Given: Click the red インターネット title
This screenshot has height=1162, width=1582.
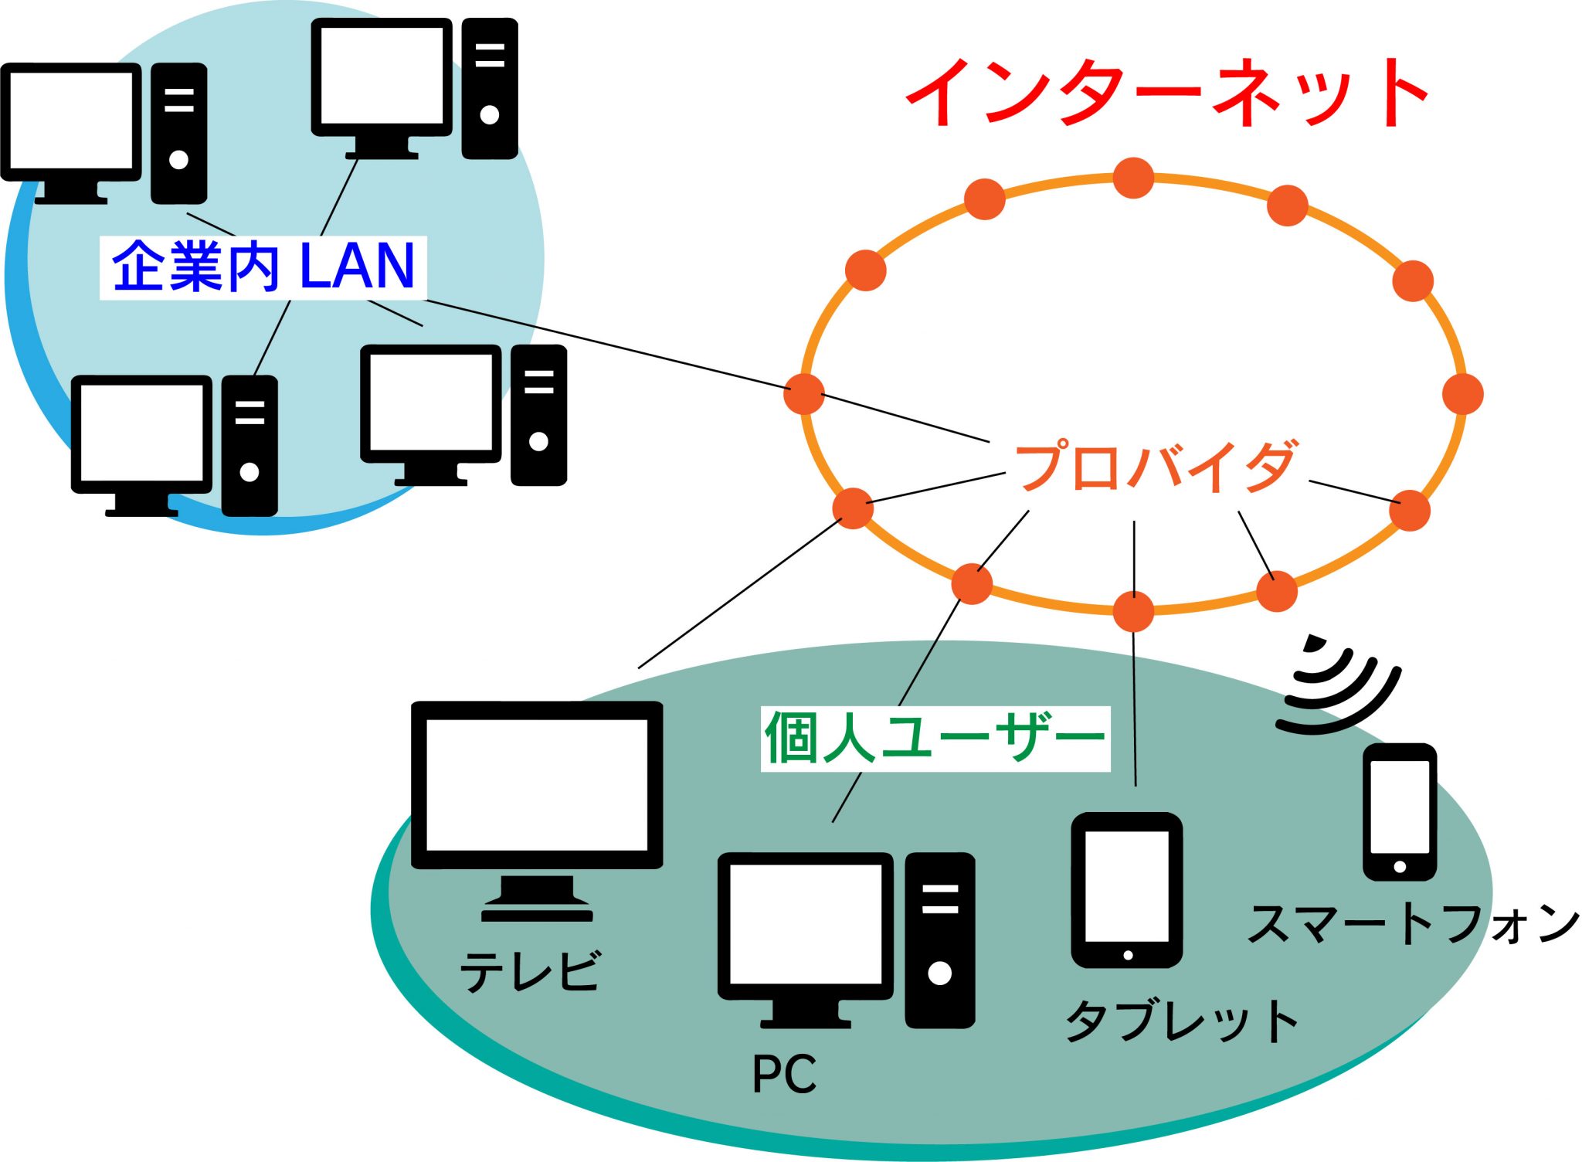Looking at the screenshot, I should [x=1166, y=93].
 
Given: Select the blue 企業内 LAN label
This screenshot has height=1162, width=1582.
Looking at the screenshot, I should [x=263, y=267].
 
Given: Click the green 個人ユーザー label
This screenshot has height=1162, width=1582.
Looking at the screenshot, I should [x=935, y=738].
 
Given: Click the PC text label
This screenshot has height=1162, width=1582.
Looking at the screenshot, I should [x=784, y=1074].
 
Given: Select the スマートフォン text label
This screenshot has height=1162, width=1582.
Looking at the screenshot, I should [x=1414, y=923].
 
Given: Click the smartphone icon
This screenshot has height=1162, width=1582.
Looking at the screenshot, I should [x=1400, y=811].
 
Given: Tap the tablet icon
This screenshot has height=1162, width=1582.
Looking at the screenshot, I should [x=1127, y=889].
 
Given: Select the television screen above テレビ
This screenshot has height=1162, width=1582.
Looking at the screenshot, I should [x=537, y=784].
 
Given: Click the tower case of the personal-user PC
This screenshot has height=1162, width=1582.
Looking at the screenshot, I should [x=939, y=939].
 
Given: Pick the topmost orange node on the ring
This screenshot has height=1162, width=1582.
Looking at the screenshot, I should [x=1133, y=178].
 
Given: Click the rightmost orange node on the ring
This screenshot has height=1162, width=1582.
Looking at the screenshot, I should [x=1463, y=394].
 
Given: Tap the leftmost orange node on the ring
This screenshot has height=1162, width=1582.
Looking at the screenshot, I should [x=804, y=394].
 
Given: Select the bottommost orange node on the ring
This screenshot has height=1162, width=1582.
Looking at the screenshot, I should [x=1133, y=612].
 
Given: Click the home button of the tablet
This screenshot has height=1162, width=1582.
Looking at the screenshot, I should [x=1128, y=956].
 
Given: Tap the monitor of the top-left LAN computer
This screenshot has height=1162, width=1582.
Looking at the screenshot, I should [x=71, y=121].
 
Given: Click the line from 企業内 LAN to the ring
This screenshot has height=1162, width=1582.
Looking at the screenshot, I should [x=603, y=343].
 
